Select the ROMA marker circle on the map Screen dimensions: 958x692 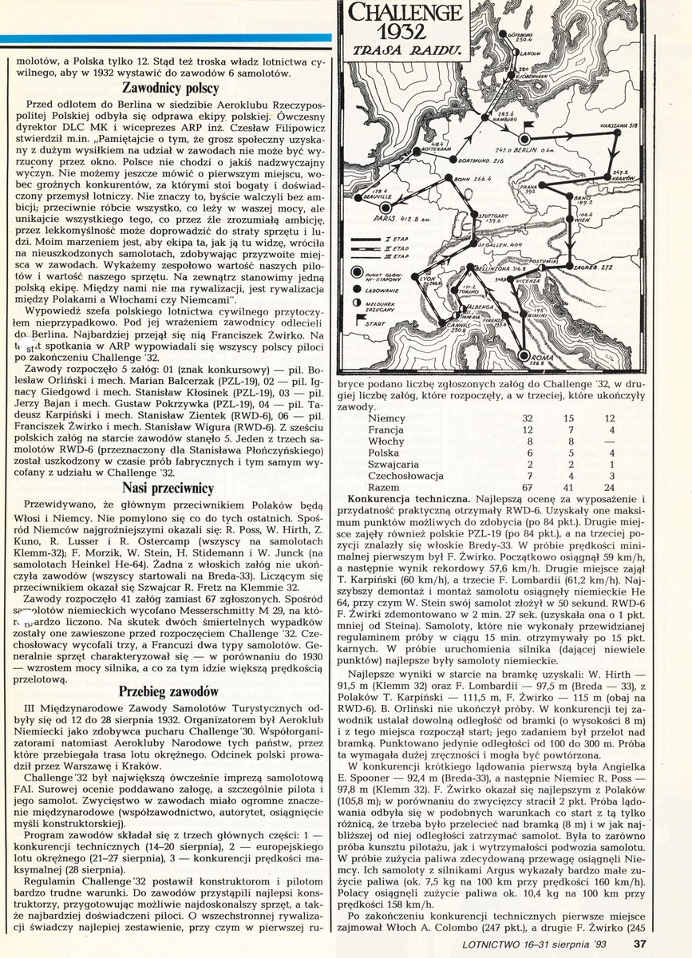point(524,358)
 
